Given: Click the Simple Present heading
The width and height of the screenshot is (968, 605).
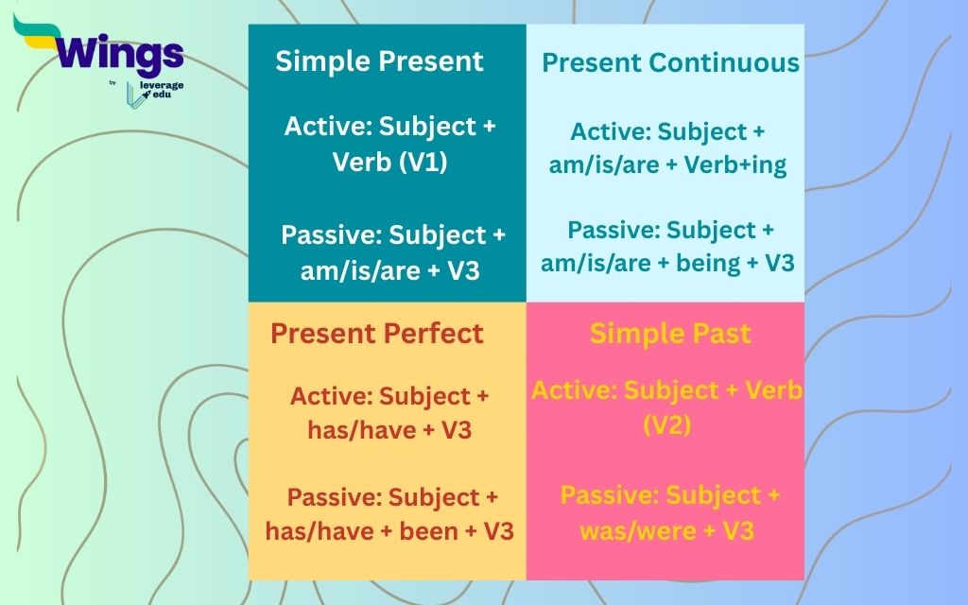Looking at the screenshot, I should click(379, 61).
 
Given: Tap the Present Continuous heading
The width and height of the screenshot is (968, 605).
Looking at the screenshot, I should click(670, 63).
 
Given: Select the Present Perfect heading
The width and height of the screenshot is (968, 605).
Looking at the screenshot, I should click(376, 333).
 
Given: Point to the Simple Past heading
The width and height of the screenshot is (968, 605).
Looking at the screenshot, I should click(670, 333).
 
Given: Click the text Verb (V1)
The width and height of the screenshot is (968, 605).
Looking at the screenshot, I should click(389, 162).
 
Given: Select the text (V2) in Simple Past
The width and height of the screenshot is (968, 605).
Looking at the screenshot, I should click(667, 424).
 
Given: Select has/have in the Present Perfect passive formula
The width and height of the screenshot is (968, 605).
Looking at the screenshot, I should click(312, 530).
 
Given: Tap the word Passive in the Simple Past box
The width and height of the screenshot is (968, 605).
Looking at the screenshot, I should click(609, 495).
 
